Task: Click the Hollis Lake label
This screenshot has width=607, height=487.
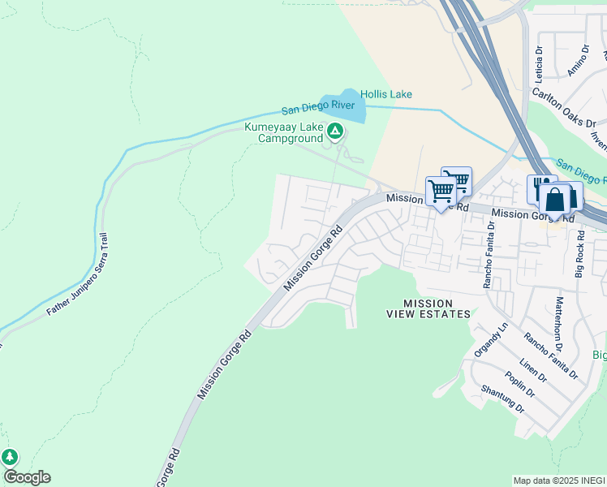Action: pyautogui.click(x=386, y=95)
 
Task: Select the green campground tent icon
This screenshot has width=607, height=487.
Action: pyautogui.click(x=334, y=131)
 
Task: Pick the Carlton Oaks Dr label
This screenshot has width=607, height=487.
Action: pyautogui.click(x=564, y=106)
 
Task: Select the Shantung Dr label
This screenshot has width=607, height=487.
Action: pyautogui.click(x=502, y=399)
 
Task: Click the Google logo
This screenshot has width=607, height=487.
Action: pyautogui.click(x=27, y=477)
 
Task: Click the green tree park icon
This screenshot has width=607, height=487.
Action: pyautogui.click(x=10, y=457)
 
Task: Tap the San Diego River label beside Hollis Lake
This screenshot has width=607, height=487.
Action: pyautogui.click(x=317, y=107)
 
